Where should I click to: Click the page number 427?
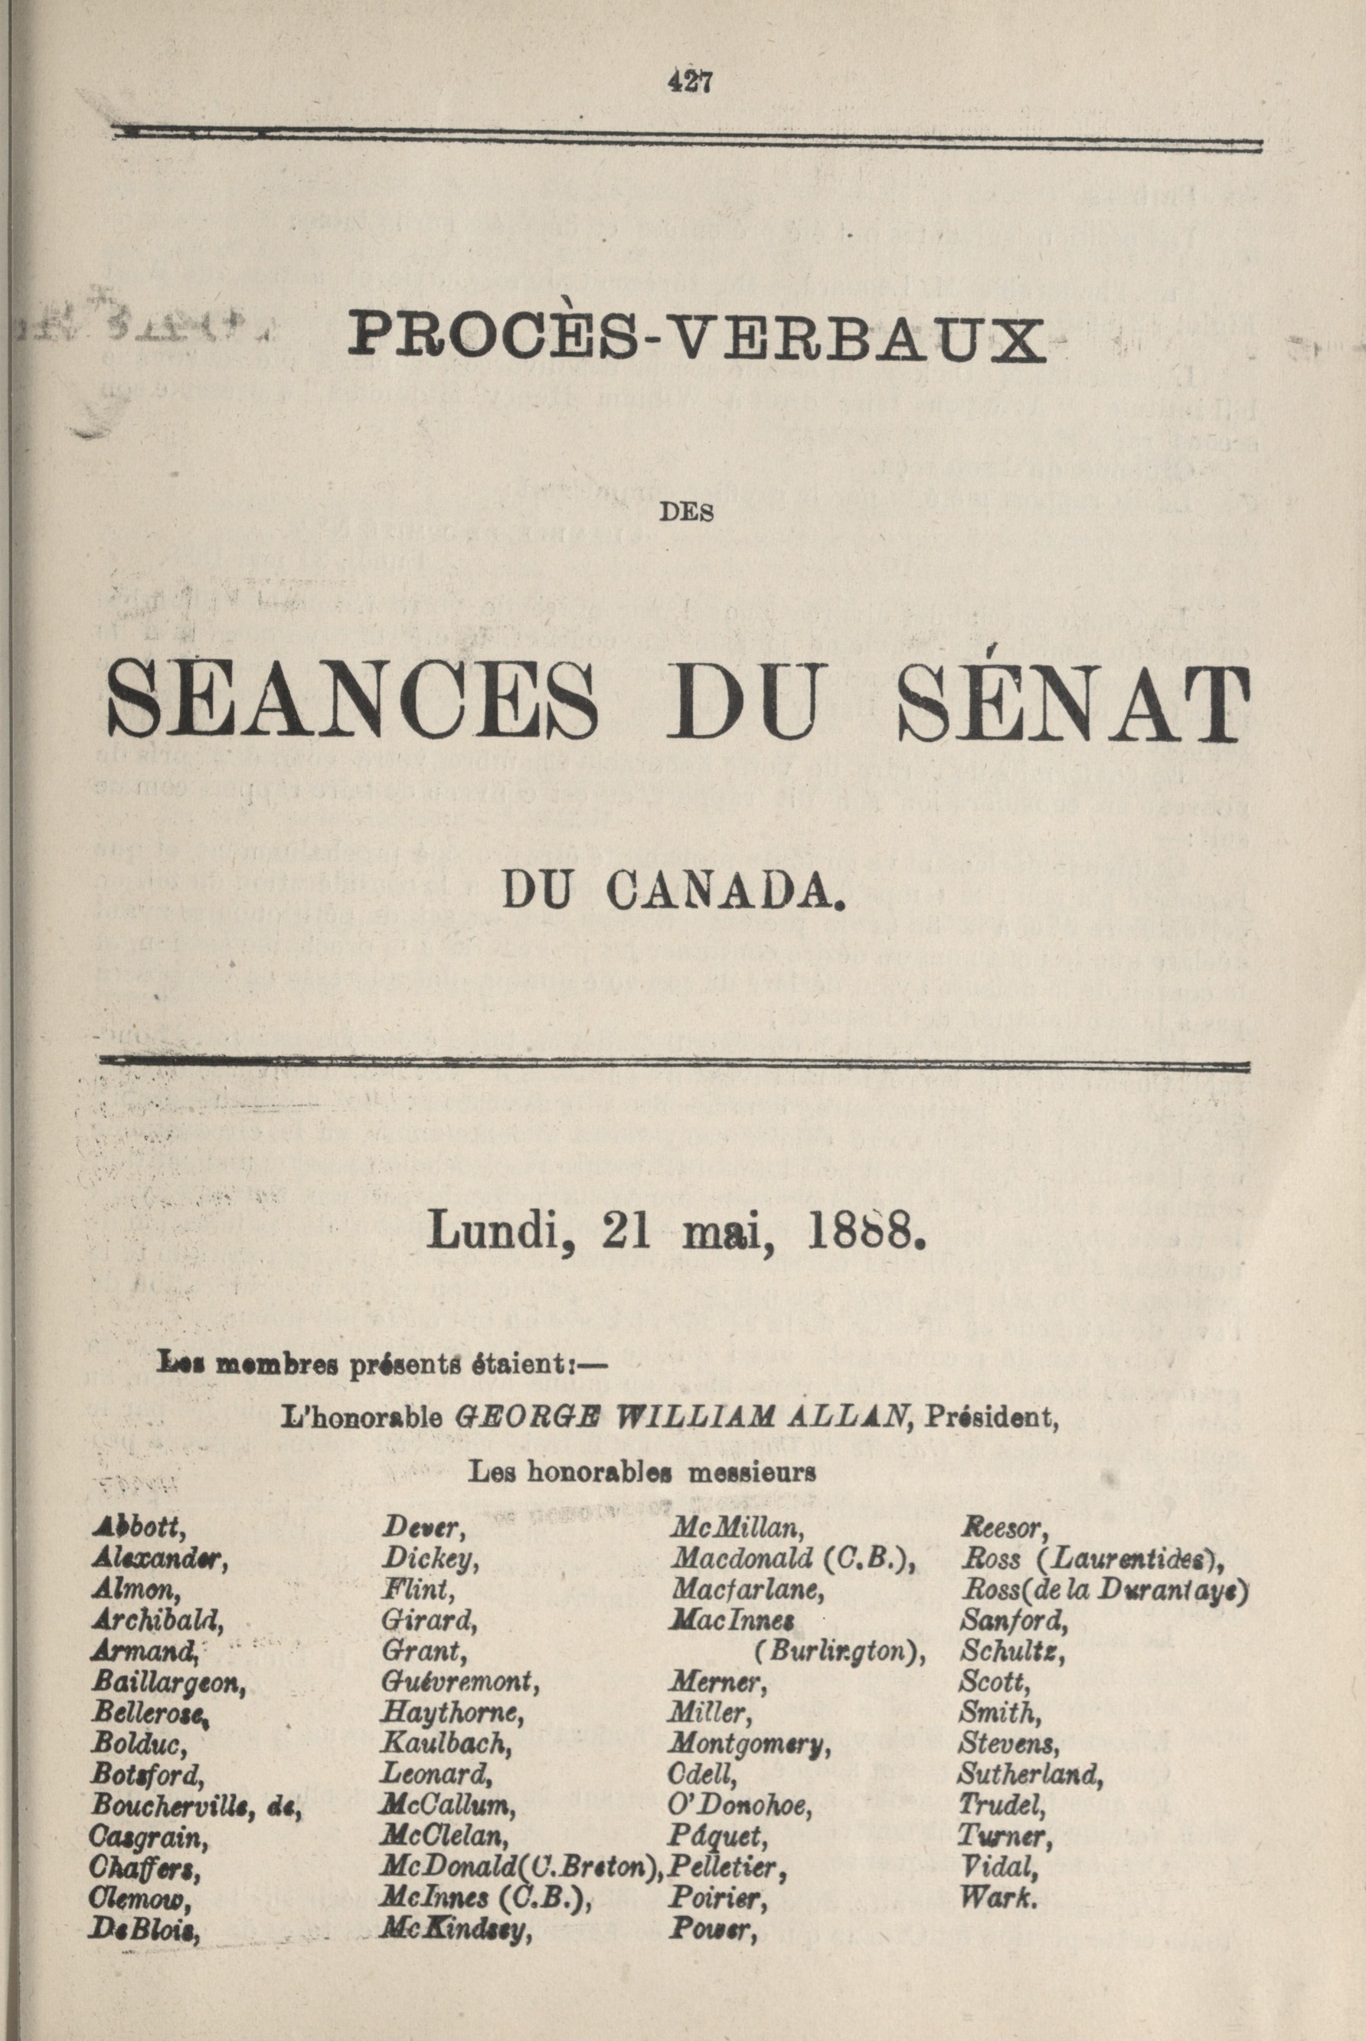click(x=690, y=81)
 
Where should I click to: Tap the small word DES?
click(x=694, y=513)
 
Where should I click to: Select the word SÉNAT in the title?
click(x=1070, y=701)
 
